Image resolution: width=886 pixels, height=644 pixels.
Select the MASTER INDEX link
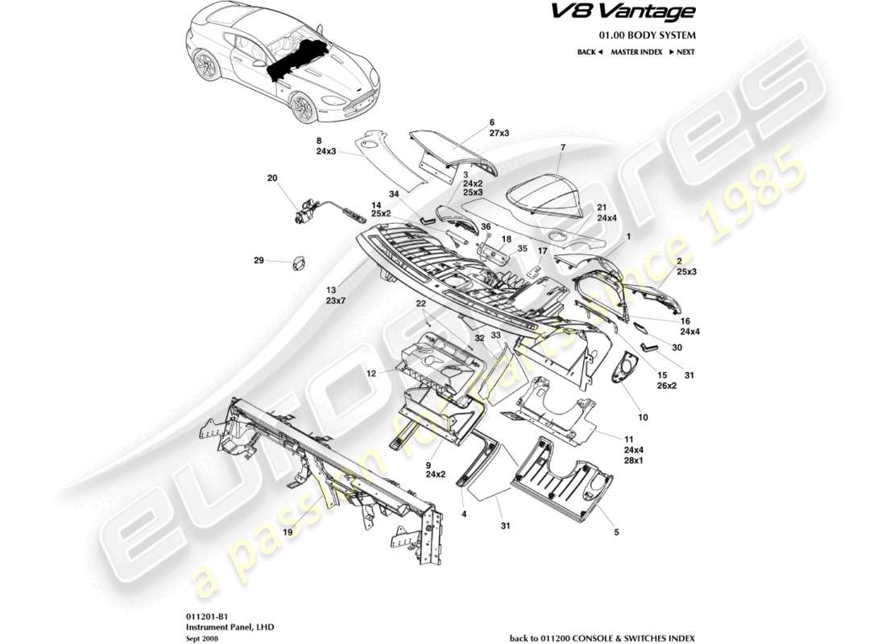(x=636, y=52)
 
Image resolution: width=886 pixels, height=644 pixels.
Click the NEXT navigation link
(x=681, y=52)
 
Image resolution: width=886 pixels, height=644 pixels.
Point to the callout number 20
(x=271, y=178)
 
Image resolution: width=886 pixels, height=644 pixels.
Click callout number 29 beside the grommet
(x=259, y=260)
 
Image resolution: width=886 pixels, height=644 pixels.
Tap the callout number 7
(x=563, y=148)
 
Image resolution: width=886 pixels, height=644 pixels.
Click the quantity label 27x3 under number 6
(x=491, y=134)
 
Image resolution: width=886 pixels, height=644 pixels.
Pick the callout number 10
(x=643, y=417)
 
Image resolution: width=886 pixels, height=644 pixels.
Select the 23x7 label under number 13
(x=336, y=300)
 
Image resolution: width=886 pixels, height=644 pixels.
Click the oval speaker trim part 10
(x=624, y=371)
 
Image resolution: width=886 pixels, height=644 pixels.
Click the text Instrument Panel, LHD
(x=218, y=624)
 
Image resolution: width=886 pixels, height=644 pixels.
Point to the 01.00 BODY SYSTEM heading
(x=647, y=35)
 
